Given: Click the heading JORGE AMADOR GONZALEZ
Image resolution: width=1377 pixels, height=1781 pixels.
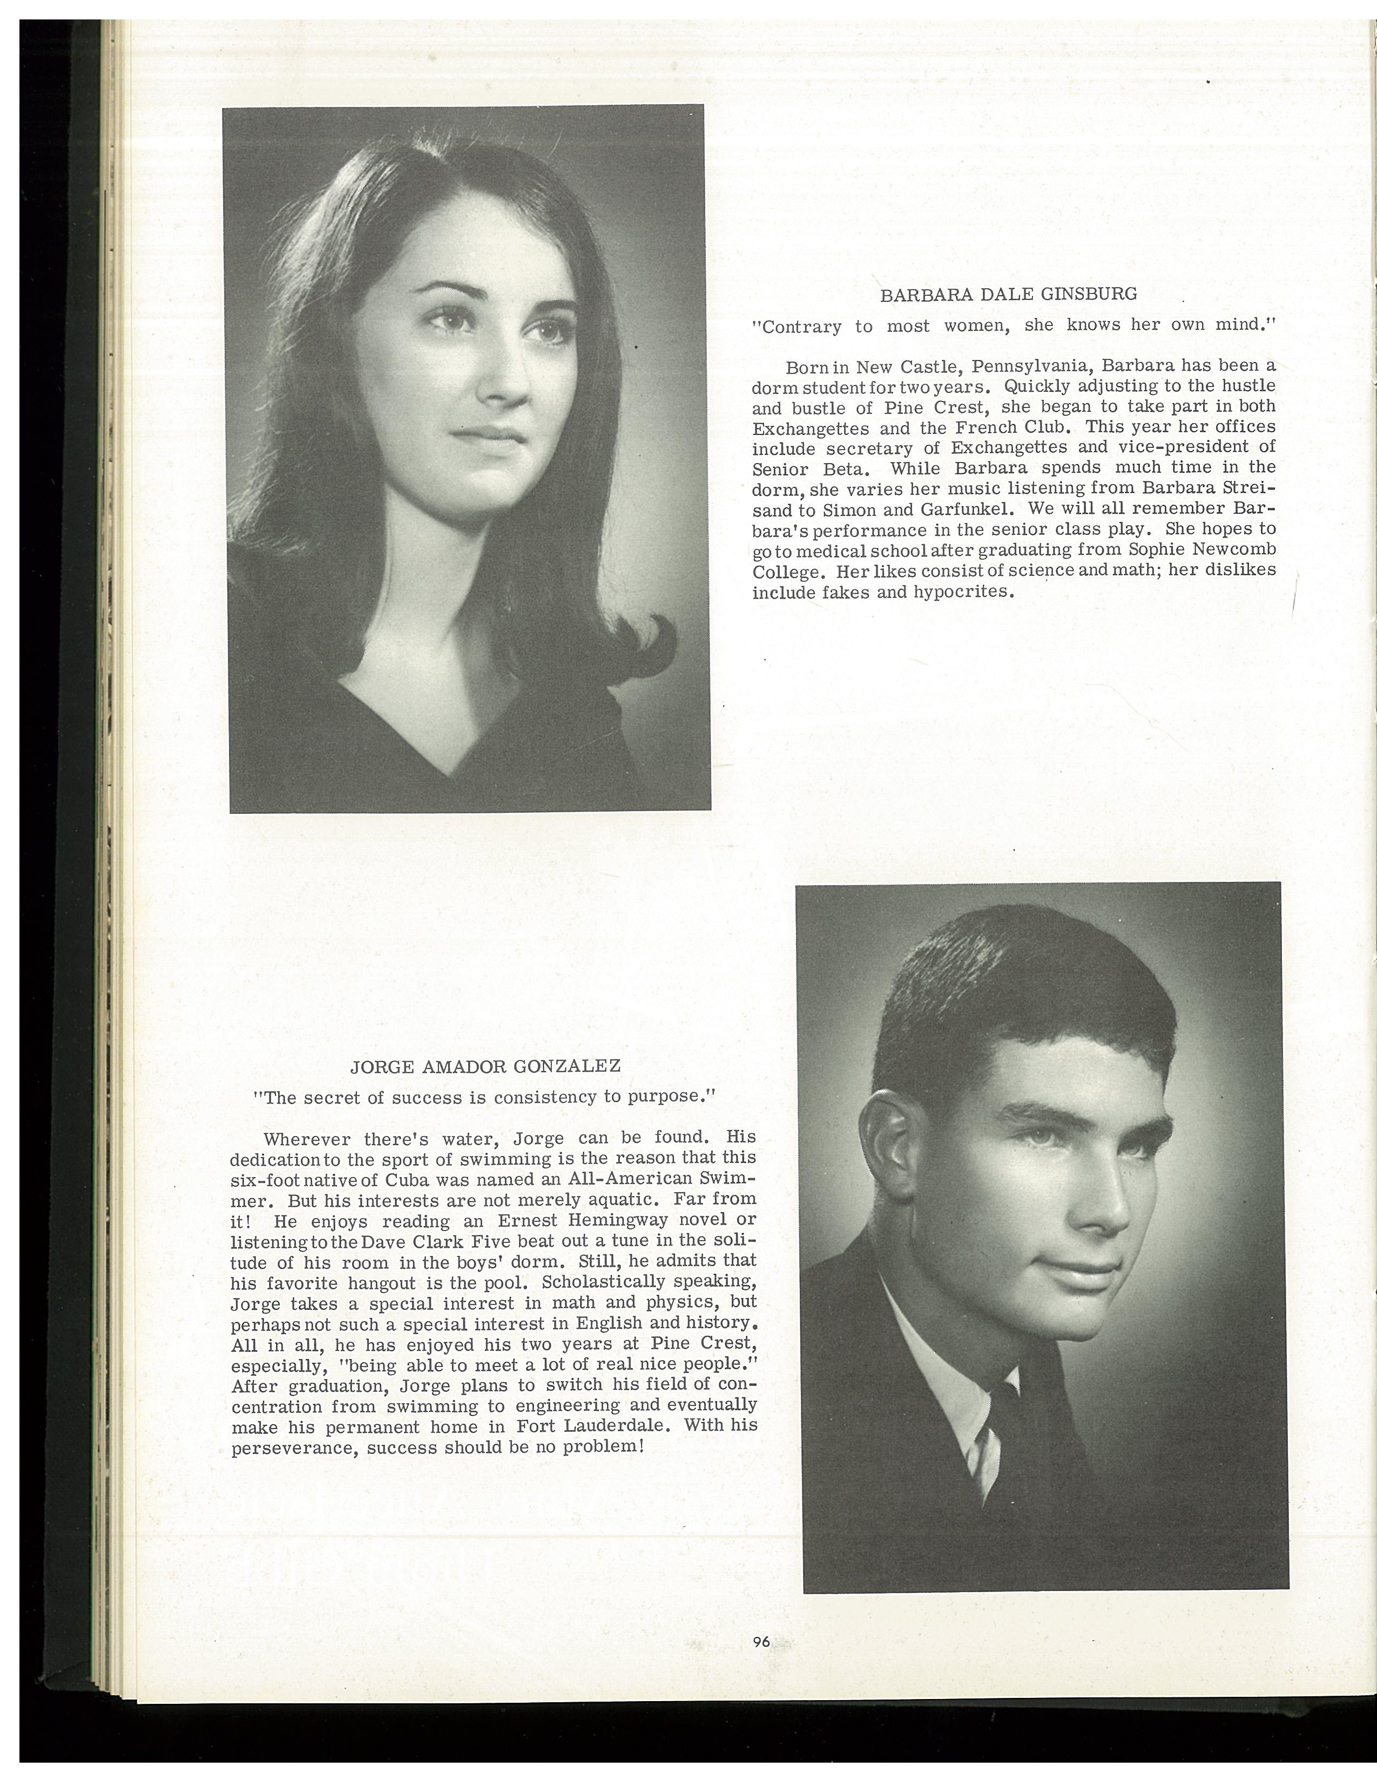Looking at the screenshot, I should [485, 1066].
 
